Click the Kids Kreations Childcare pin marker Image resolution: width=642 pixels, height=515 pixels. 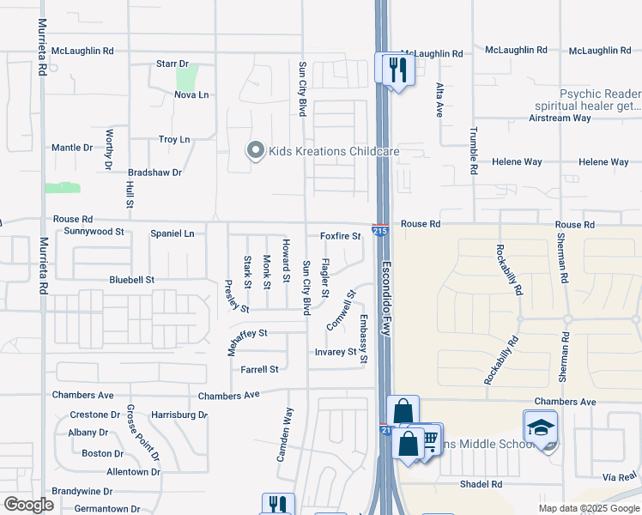tap(255, 151)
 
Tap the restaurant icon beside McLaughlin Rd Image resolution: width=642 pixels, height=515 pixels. tap(396, 70)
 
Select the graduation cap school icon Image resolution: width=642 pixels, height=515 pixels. tap(541, 427)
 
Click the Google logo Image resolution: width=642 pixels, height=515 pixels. tap(28, 505)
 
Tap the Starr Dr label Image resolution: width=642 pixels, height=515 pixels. tap(172, 64)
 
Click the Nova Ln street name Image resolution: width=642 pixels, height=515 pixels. tap(191, 94)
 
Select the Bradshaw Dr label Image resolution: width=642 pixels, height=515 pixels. tap(154, 173)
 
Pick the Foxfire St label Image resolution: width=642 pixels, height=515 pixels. tap(340, 235)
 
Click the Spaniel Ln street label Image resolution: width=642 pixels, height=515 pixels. tap(173, 233)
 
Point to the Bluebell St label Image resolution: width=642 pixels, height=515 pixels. tap(131, 280)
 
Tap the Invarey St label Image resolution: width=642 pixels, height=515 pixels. tap(335, 352)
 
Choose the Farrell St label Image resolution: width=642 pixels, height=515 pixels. tap(259, 369)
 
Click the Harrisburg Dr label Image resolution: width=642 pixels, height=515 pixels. tap(179, 415)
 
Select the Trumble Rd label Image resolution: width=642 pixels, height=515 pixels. tap(473, 152)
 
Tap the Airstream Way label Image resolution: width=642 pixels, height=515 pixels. tap(560, 118)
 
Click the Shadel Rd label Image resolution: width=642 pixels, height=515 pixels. tap(480, 484)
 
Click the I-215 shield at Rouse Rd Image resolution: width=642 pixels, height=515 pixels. tap(379, 229)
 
